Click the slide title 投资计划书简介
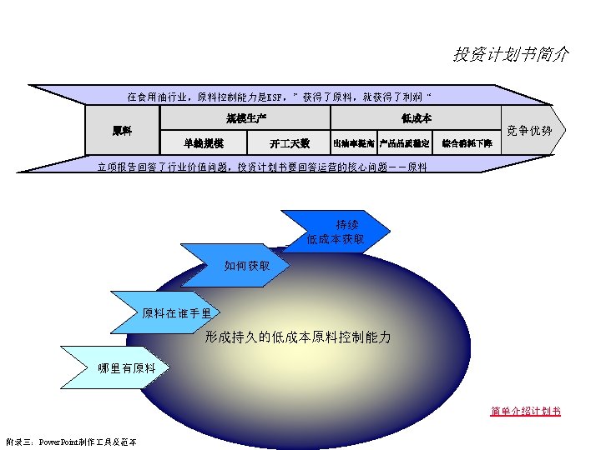(x=511, y=54)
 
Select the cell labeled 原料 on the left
(x=122, y=131)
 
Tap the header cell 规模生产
(x=246, y=118)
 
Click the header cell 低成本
(x=416, y=118)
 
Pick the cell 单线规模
(x=204, y=142)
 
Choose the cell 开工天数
(x=290, y=142)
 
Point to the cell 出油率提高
(x=353, y=143)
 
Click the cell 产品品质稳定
(x=404, y=143)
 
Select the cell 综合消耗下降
(x=467, y=143)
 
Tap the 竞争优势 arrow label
(x=530, y=131)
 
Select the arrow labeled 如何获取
(x=247, y=266)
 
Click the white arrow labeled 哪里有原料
(x=127, y=368)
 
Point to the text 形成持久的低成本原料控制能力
(x=298, y=337)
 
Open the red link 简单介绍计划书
(x=525, y=411)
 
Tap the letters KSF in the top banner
(x=275, y=97)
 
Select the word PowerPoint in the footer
(x=60, y=441)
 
